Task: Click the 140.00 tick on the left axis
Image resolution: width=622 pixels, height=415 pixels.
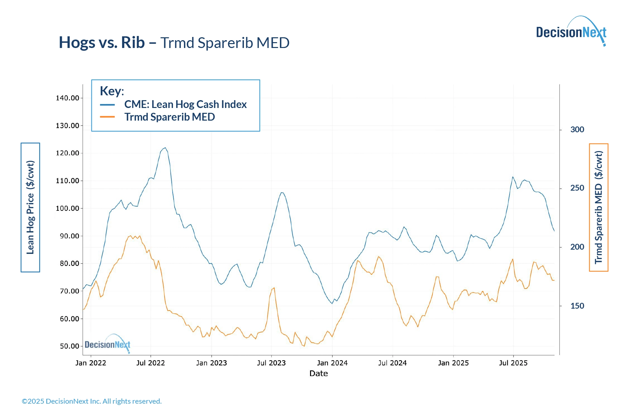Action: [x=67, y=98]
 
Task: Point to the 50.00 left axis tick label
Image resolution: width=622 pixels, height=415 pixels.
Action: [x=69, y=346]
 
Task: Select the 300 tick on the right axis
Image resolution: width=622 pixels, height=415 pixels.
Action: [x=577, y=130]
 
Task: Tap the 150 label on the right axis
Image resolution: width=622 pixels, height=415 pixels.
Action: [x=577, y=306]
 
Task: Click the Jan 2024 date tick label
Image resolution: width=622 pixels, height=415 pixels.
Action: [x=332, y=363]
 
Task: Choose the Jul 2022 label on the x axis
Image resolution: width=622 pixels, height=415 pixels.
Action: [x=150, y=363]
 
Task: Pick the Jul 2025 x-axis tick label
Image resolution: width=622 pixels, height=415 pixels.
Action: [x=513, y=363]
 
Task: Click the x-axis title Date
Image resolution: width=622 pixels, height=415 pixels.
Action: [x=318, y=373]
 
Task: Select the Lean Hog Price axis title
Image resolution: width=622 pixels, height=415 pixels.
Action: [x=30, y=207]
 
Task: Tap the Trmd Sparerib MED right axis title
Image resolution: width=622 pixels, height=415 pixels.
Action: [x=598, y=207]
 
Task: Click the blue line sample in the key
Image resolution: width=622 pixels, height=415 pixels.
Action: [x=107, y=105]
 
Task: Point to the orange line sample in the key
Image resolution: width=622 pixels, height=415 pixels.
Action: [x=107, y=117]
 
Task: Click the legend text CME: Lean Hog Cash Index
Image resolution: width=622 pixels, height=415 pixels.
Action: [x=185, y=104]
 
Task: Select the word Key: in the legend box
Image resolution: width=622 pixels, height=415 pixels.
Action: [x=112, y=91]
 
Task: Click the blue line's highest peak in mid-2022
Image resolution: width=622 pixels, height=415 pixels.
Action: [x=165, y=148]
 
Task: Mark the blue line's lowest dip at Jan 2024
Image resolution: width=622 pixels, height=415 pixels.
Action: [x=332, y=303]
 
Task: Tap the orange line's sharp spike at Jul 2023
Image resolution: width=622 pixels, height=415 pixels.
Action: [x=274, y=288]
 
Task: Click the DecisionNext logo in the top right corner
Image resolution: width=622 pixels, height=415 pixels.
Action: [x=571, y=32]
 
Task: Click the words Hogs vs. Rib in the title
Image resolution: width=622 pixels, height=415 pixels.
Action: [x=102, y=42]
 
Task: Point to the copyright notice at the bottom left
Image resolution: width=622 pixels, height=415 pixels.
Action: [x=92, y=401]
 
